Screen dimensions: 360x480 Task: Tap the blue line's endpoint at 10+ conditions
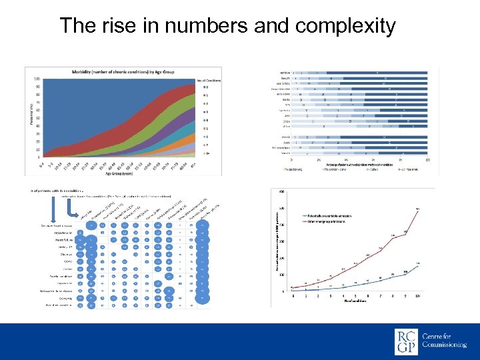pos(418,265)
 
